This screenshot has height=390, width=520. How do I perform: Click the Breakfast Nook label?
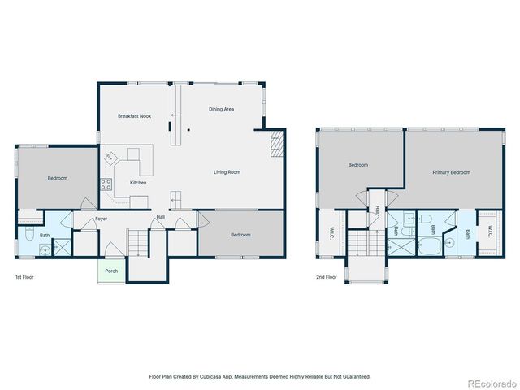[x=135, y=116]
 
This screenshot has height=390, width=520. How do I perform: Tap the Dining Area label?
[x=221, y=109]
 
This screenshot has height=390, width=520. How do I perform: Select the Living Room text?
[x=227, y=172]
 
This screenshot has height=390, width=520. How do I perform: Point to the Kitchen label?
[x=138, y=183]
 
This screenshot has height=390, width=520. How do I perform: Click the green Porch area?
[x=111, y=271]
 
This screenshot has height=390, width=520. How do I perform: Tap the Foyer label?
[x=101, y=219]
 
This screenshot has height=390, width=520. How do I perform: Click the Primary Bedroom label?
[x=452, y=172]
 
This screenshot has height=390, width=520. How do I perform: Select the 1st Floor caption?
[x=24, y=277]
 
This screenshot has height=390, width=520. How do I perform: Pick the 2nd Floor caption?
[x=327, y=277]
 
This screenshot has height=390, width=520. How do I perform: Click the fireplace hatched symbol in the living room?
[x=277, y=143]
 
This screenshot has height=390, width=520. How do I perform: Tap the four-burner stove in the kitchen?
[x=106, y=184]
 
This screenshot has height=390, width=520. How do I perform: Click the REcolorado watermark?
[x=492, y=383]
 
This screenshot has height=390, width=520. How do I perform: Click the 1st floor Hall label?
[x=161, y=217]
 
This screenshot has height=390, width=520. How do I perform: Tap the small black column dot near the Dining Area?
[x=188, y=130]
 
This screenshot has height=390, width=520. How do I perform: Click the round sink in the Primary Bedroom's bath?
[x=449, y=243]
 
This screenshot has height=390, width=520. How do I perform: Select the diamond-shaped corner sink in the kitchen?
[x=110, y=158]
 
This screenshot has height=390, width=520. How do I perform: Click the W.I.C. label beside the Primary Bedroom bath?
[x=490, y=232]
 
